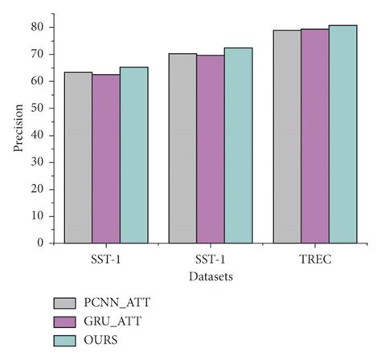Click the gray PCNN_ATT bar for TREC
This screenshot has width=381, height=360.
287,137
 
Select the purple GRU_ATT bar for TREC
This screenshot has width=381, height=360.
315,136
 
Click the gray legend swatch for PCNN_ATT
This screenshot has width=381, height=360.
65,303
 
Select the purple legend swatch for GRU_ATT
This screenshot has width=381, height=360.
65,322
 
